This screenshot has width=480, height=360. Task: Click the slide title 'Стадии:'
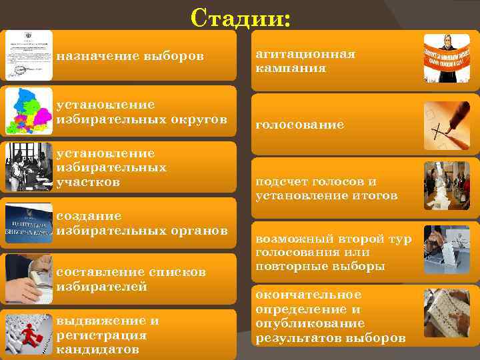pyautogui.click(x=240, y=17)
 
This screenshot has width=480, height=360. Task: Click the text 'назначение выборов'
pyautogui.click(x=130, y=55)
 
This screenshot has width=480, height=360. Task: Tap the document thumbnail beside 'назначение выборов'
pyautogui.click(x=29, y=55)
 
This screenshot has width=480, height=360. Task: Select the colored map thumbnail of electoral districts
pyautogui.click(x=29, y=111)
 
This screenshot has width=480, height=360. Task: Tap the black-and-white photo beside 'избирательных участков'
pyautogui.click(x=29, y=167)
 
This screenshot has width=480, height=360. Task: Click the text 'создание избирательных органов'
pyautogui.click(x=142, y=223)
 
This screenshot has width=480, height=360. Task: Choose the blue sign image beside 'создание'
pyautogui.click(x=29, y=223)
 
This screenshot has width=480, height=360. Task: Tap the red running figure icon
pyautogui.click(x=29, y=334)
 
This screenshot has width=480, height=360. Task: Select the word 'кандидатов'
pyautogui.click(x=98, y=349)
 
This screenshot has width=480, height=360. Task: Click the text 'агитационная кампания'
pyautogui.click(x=305, y=61)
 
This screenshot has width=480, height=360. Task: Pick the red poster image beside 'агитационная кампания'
pyautogui.click(x=447, y=59)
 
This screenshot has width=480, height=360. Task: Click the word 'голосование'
pyautogui.click(x=299, y=125)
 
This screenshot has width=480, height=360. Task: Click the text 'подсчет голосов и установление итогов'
pyautogui.click(x=326, y=189)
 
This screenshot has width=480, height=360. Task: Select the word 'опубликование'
pyautogui.click(x=309, y=323)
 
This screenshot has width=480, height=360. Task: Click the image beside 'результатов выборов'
pyautogui.click(x=447, y=313)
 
